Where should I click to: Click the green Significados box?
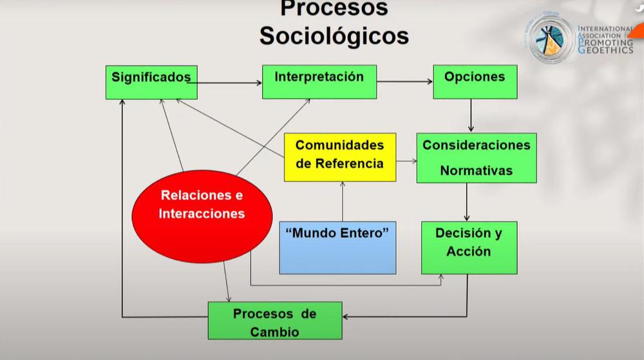[151, 82]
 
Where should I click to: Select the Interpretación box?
[319, 82]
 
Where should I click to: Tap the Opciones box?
[475, 82]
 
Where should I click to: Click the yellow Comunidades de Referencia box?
[340, 157]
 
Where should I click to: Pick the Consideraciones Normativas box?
[477, 158]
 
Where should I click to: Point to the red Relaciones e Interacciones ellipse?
[202, 216]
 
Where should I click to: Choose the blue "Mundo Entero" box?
[338, 247]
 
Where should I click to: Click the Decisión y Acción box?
[469, 247]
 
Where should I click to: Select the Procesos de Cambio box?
[275, 321]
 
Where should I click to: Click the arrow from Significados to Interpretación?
[225, 83]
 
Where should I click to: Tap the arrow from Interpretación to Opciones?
[405, 82]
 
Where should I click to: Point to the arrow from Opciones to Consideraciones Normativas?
[471, 115]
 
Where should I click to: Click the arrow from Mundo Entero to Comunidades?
[343, 202]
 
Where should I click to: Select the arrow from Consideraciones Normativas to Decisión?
[466, 202]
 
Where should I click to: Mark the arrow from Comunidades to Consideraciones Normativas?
[406, 161]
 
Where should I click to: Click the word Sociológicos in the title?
[334, 35]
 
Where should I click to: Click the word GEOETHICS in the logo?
[605, 50]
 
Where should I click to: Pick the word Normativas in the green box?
[477, 171]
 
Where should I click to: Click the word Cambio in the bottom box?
[274, 332]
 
